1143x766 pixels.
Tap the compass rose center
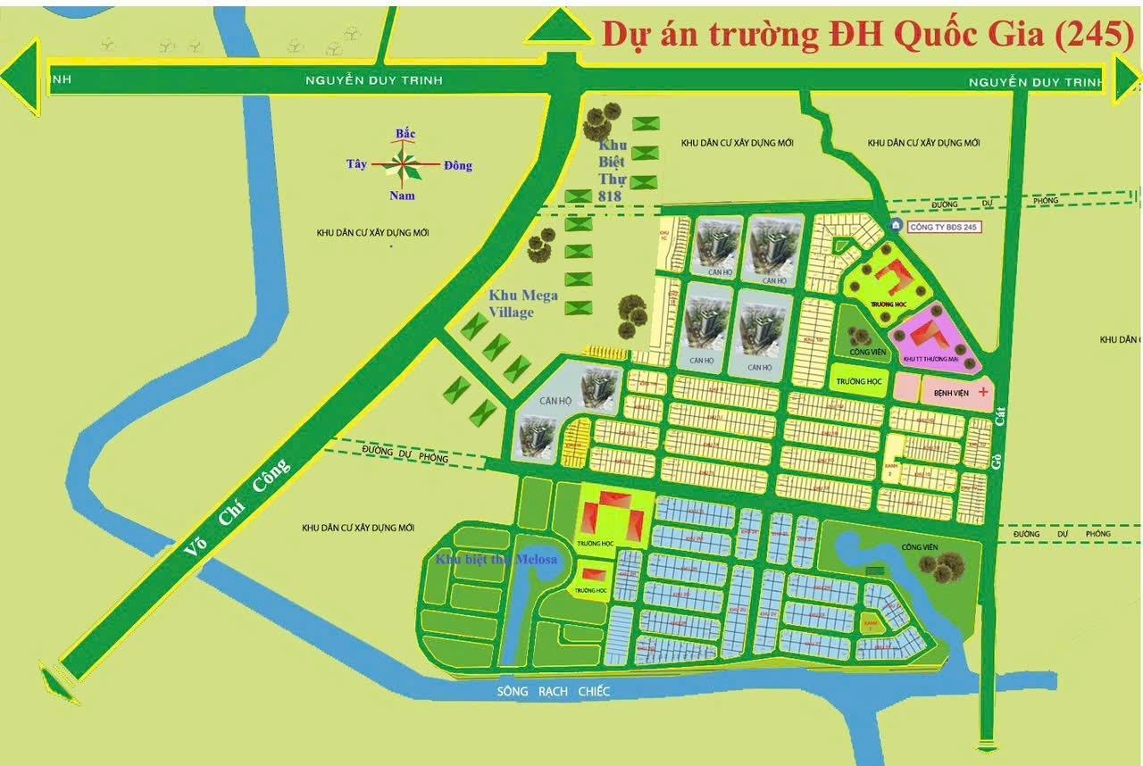(405, 164)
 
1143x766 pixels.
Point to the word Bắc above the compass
(405, 134)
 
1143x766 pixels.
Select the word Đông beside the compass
(457, 165)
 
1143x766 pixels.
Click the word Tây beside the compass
(356, 164)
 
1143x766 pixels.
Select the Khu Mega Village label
(523, 304)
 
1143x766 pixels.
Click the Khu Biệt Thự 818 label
(613, 171)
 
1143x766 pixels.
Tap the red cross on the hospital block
(983, 392)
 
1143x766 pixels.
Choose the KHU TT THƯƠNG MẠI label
(930, 359)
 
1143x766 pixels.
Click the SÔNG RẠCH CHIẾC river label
(554, 692)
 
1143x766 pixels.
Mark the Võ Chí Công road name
(238, 508)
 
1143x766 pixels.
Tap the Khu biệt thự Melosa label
(496, 560)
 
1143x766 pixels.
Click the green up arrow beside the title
(560, 27)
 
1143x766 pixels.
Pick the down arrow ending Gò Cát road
(987, 746)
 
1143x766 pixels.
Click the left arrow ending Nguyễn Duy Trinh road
(20, 79)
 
